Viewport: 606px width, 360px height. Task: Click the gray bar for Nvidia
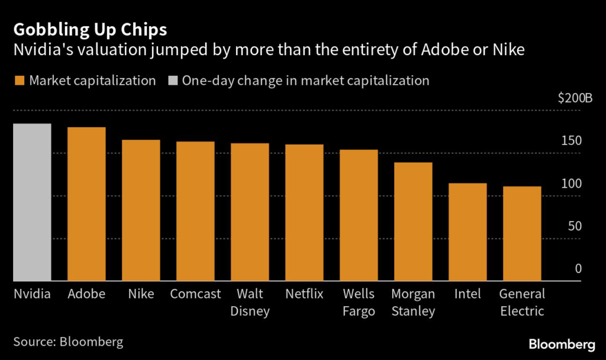[x=32, y=202]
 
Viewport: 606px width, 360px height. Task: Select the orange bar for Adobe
[x=86, y=204]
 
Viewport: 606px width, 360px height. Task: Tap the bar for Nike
[x=141, y=211]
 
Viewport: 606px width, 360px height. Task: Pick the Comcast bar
[x=195, y=211]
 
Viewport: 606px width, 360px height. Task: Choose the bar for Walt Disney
[x=250, y=212]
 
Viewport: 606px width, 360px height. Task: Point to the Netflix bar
[x=304, y=213]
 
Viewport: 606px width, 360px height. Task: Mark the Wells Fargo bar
[x=359, y=216]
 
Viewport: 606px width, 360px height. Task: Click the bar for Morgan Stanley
[x=413, y=221]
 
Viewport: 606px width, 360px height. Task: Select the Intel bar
[x=468, y=232]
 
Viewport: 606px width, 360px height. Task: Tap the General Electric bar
[x=522, y=234]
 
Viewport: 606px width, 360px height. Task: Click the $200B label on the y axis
[x=575, y=98]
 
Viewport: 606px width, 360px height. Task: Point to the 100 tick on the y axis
[x=572, y=184]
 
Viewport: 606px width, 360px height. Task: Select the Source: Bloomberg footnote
[x=69, y=342]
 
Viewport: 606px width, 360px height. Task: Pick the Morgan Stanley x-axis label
[x=413, y=302]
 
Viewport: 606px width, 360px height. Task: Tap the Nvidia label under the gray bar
[x=32, y=294]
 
